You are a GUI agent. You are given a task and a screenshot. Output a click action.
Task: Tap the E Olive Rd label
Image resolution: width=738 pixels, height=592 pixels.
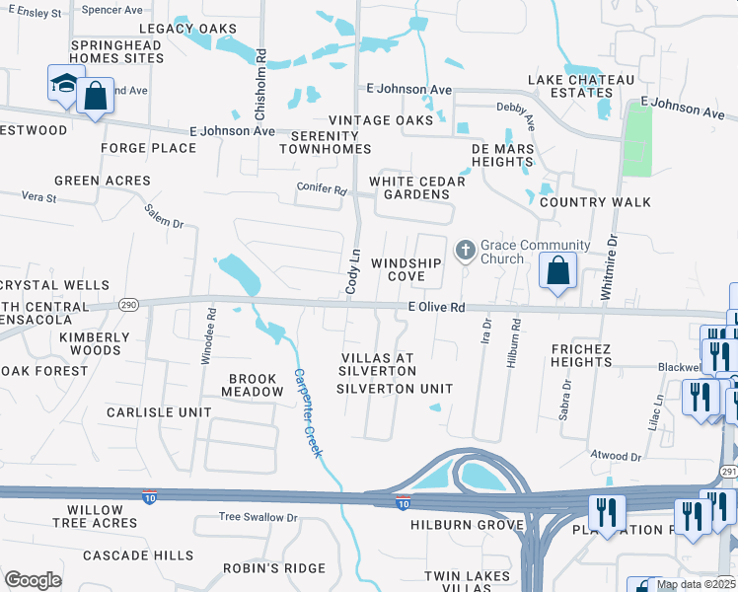pyautogui.click(x=436, y=308)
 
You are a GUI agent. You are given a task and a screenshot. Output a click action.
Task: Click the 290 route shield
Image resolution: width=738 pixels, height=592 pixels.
pyautogui.click(x=127, y=305)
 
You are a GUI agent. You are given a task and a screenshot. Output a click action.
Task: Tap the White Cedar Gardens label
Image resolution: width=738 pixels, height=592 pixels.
pyautogui.click(x=409, y=187)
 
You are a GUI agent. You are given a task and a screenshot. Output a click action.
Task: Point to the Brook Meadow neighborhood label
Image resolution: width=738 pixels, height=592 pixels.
pyautogui.click(x=256, y=385)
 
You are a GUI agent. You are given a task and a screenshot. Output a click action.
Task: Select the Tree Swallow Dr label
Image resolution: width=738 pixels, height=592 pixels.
pyautogui.click(x=258, y=517)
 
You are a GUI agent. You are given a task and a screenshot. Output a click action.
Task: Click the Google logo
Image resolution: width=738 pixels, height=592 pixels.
pyautogui.click(x=34, y=579)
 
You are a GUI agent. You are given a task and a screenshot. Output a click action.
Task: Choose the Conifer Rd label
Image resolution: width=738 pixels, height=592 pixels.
pyautogui.click(x=322, y=188)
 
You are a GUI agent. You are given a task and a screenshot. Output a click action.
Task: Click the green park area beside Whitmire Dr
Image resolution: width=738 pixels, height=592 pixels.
pyautogui.click(x=638, y=138)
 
